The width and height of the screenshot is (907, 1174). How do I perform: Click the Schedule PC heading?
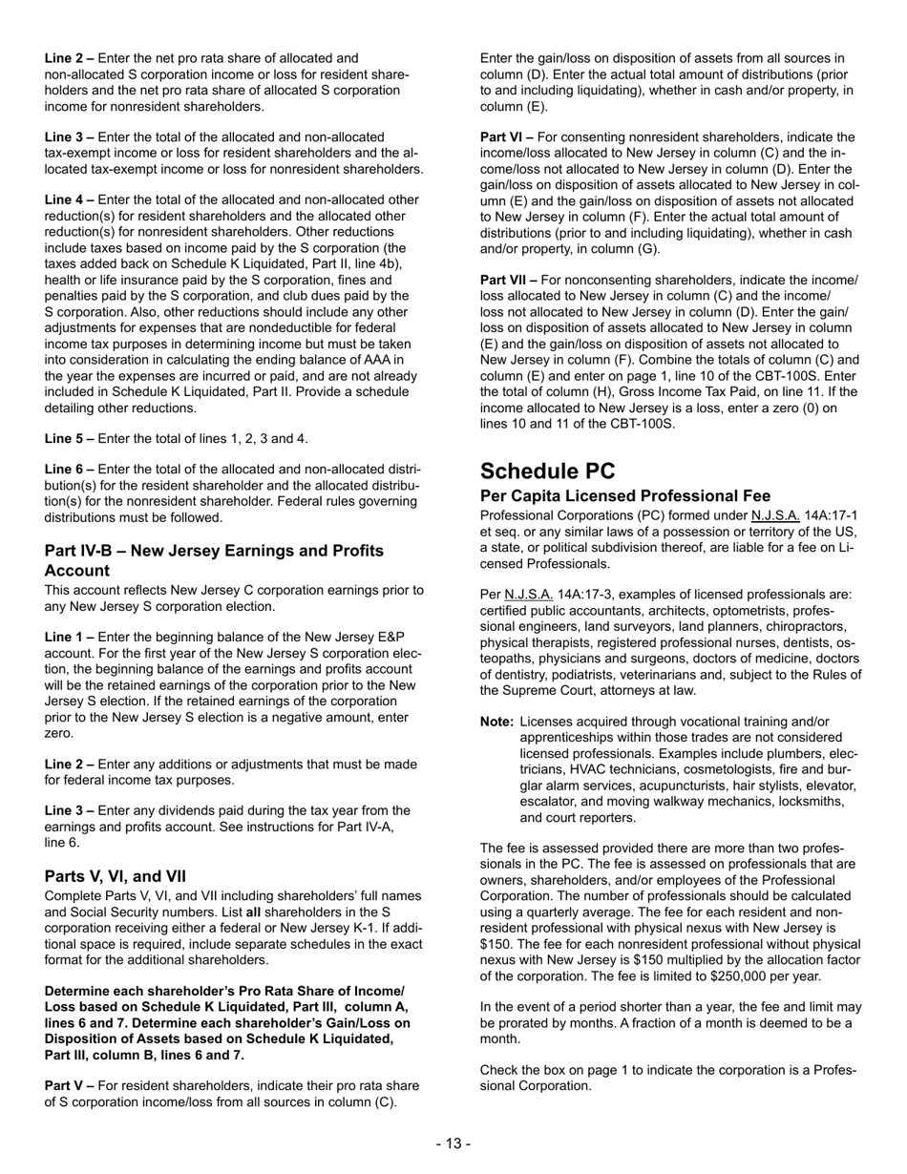click(x=548, y=471)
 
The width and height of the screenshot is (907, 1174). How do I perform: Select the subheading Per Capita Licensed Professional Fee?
click(x=624, y=496)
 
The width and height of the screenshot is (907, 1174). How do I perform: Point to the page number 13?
click(x=453, y=1143)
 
